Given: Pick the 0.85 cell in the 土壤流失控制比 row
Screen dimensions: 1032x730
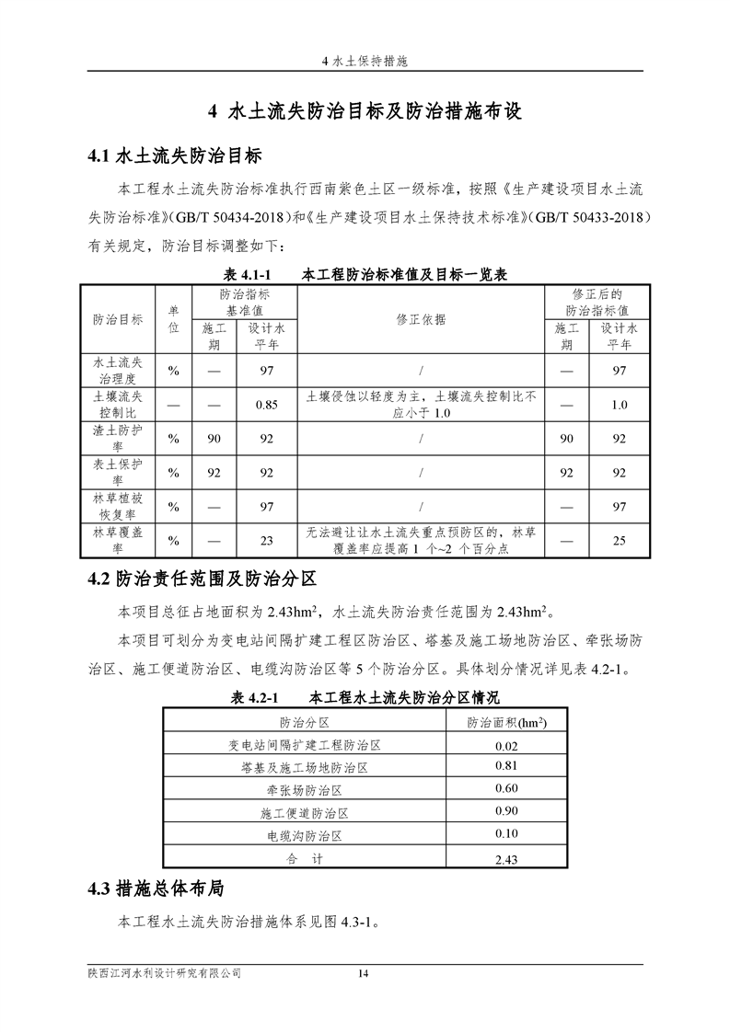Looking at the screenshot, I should coord(266,404).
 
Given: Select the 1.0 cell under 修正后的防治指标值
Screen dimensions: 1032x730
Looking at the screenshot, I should coord(619,404).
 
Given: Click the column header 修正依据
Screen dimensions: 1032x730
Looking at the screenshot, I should coord(421,319).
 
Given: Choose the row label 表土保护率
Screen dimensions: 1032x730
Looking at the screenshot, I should coord(118,473).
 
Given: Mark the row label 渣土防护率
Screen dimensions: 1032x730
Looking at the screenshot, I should coord(118,438).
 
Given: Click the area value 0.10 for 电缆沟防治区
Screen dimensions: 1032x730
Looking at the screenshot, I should coord(505,836).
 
